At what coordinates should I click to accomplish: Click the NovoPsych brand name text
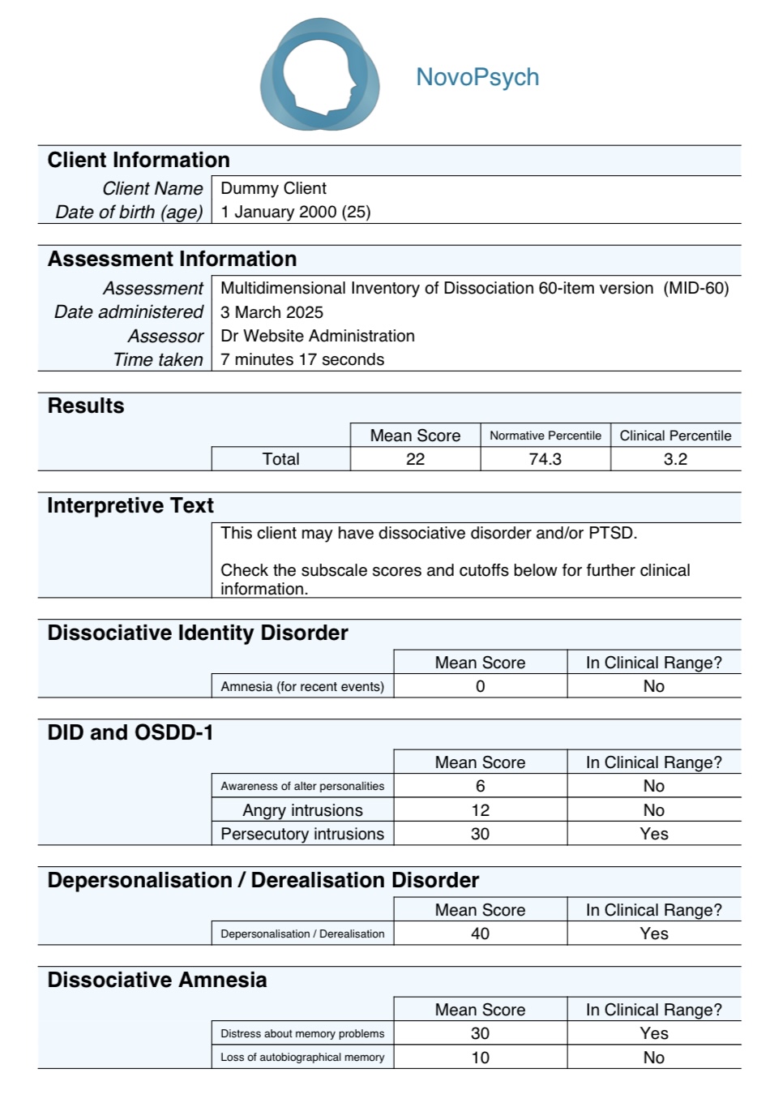[x=477, y=77]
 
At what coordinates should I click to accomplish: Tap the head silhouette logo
[x=320, y=75]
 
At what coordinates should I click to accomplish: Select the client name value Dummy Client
[x=273, y=188]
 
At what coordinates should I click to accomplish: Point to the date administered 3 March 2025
[x=272, y=312]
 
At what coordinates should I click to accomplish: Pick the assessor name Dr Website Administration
[x=317, y=336]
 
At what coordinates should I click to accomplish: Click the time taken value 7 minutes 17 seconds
[x=302, y=359]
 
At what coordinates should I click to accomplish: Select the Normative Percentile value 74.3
[x=545, y=459]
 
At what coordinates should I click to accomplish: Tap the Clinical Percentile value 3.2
[x=675, y=459]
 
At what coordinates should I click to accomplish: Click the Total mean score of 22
[x=415, y=459]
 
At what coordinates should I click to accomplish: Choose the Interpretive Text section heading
[x=130, y=505]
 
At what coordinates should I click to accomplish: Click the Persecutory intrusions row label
[x=302, y=834]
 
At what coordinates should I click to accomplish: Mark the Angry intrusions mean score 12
[x=480, y=810]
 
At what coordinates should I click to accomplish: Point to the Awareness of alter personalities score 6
[x=480, y=786]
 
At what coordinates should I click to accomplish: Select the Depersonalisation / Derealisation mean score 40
[x=480, y=934]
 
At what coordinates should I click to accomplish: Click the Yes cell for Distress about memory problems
[x=653, y=1033]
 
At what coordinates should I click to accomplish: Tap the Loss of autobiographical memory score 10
[x=480, y=1058]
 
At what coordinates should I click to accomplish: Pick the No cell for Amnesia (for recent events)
[x=653, y=686]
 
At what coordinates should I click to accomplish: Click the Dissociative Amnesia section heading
[x=156, y=980]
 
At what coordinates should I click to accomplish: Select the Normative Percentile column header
[x=545, y=436]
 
